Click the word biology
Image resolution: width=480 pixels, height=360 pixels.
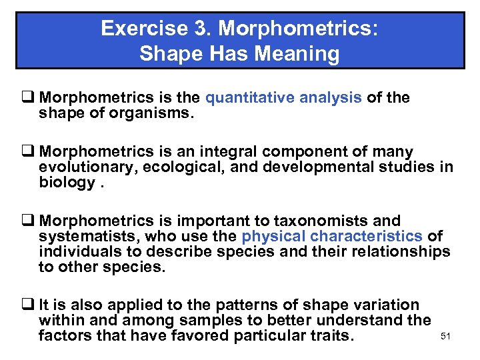[x=65, y=182]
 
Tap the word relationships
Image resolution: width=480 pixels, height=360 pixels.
[x=393, y=251]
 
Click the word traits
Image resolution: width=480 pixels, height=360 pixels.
[x=323, y=335]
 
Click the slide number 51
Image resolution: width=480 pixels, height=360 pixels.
[x=446, y=336]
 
